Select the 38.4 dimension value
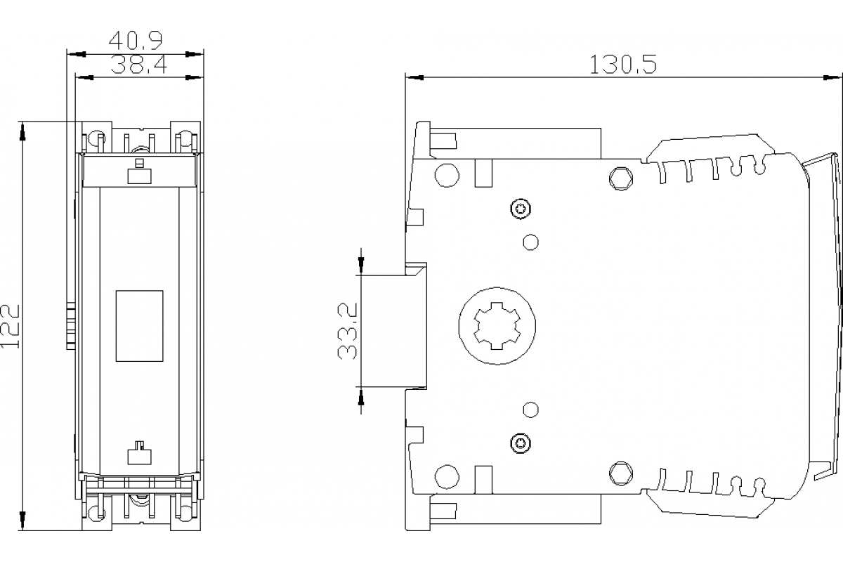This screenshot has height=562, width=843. point(138,65)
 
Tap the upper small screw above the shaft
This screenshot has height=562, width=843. point(519,209)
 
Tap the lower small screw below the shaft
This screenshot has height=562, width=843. point(519,442)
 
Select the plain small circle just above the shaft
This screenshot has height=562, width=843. point(532,242)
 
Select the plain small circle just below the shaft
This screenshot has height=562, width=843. point(532,409)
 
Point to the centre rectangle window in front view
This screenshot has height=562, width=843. point(139,326)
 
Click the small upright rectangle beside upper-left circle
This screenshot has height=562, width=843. point(483,174)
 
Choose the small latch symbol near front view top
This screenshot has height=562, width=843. point(138,172)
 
